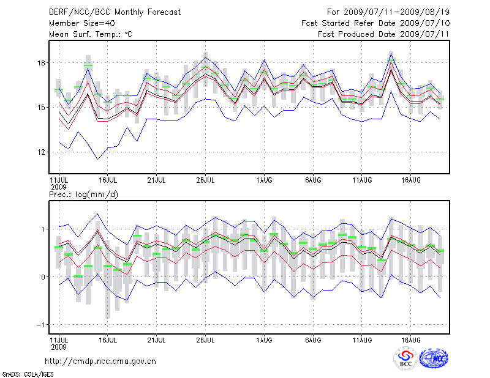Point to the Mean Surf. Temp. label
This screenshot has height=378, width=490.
click(x=91, y=34)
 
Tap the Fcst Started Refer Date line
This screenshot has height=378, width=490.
click(x=376, y=23)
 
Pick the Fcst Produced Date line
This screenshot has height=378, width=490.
click(x=384, y=34)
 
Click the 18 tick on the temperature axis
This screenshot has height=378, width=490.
click(x=40, y=63)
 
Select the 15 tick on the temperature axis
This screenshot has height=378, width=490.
click(x=40, y=108)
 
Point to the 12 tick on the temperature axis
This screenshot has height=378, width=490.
click(x=40, y=152)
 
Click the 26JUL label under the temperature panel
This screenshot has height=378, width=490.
click(x=206, y=180)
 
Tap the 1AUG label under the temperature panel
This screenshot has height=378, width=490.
click(x=264, y=180)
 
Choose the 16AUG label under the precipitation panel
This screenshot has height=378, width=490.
click(x=411, y=338)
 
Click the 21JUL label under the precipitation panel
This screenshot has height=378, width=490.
click(x=157, y=338)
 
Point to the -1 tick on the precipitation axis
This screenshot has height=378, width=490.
click(x=40, y=324)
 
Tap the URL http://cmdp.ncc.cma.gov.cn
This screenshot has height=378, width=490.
click(x=100, y=361)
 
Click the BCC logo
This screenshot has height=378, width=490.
click(x=405, y=358)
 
